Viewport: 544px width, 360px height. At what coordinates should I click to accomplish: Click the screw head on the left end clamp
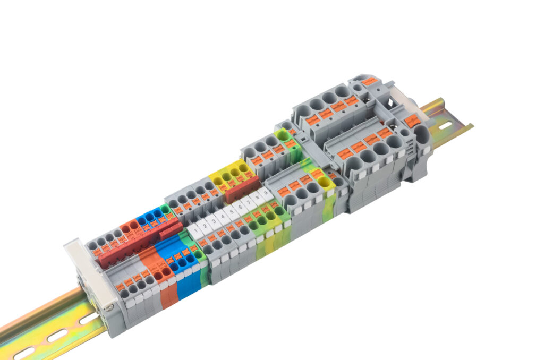pyautogui.click(x=109, y=306)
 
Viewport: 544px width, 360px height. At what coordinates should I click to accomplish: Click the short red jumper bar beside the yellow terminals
pyautogui.click(x=242, y=190)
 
